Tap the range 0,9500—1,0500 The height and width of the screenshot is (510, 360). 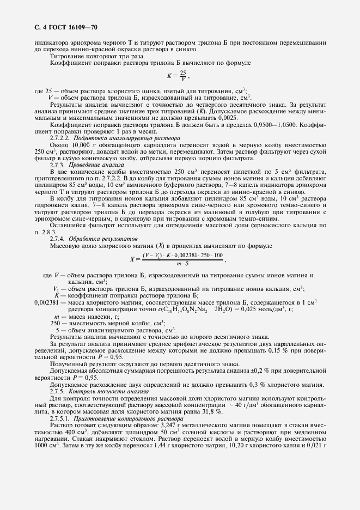[x=255, y=125]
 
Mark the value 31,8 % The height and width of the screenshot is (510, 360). [x=181, y=413]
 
